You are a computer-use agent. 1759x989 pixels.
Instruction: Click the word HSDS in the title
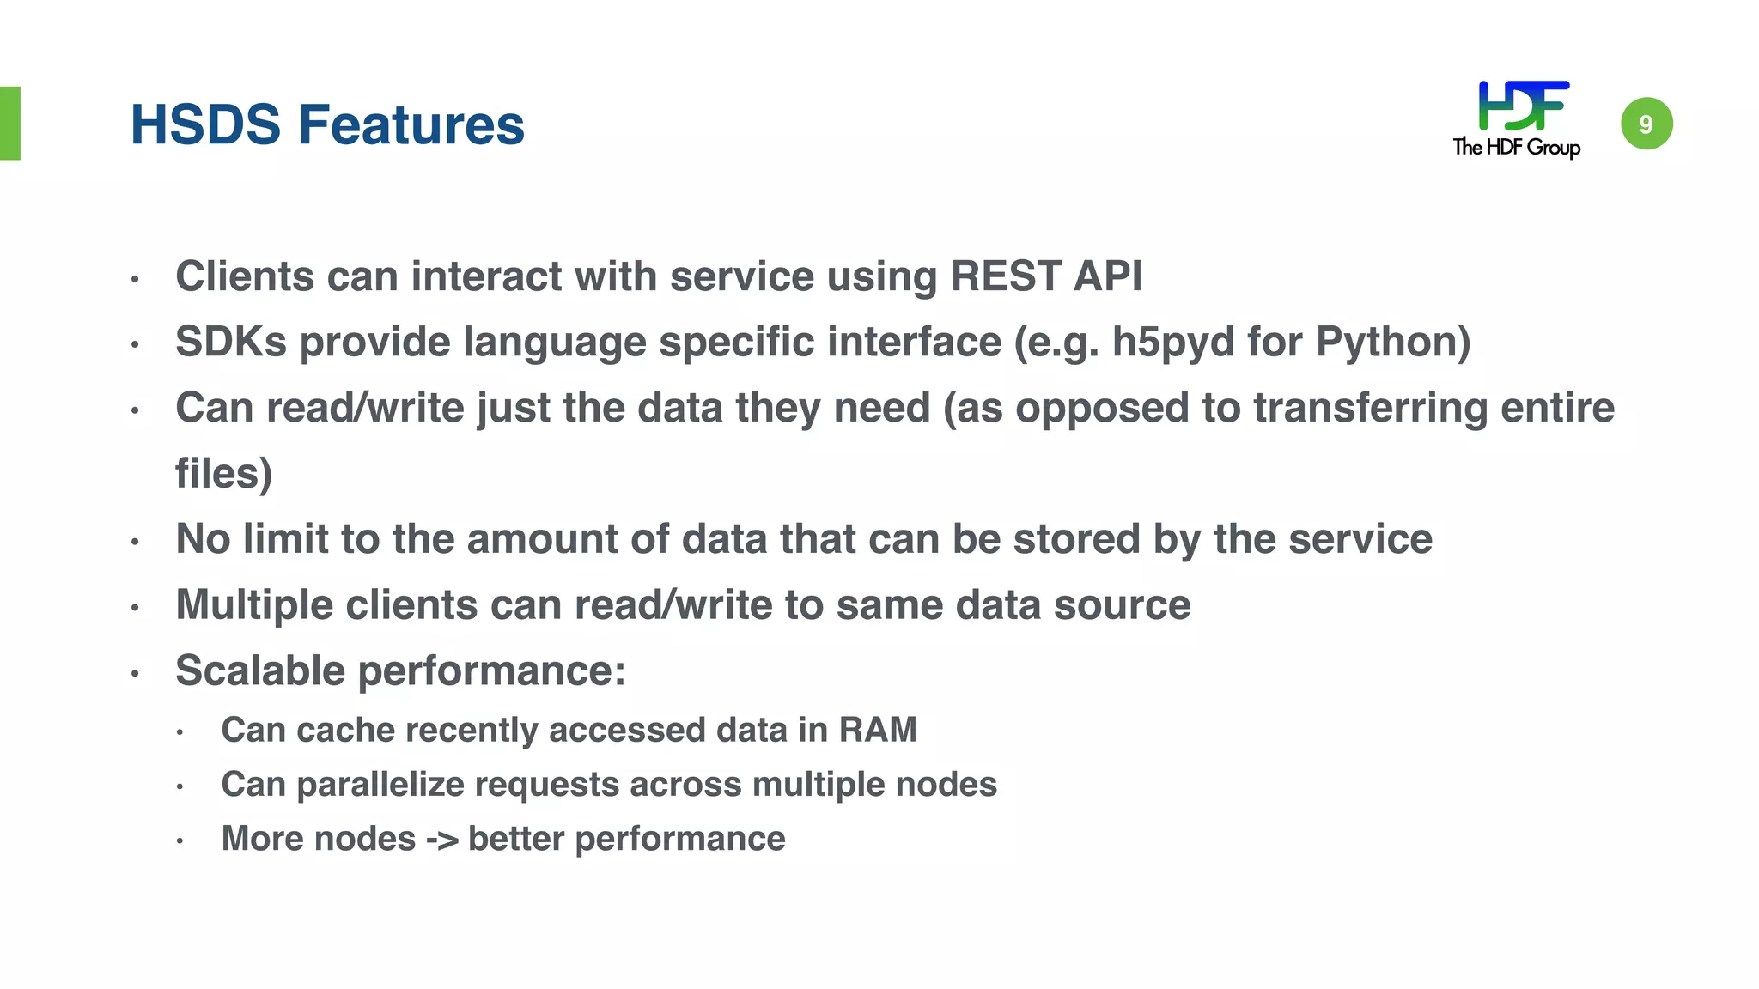click(x=205, y=124)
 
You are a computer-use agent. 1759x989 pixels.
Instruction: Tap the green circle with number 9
click(x=1646, y=124)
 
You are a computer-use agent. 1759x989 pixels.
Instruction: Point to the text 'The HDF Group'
click(x=1516, y=147)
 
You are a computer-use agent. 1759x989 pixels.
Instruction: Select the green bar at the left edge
click(x=9, y=123)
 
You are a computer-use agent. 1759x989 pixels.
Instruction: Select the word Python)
click(x=1393, y=343)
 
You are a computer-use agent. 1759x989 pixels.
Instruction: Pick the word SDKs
click(x=230, y=342)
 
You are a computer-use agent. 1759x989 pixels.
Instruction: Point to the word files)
click(x=223, y=473)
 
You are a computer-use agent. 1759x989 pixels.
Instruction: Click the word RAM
click(x=878, y=730)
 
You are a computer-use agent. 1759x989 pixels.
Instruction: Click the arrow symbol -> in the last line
click(x=441, y=839)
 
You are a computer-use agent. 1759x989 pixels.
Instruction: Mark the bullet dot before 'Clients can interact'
click(x=135, y=279)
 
